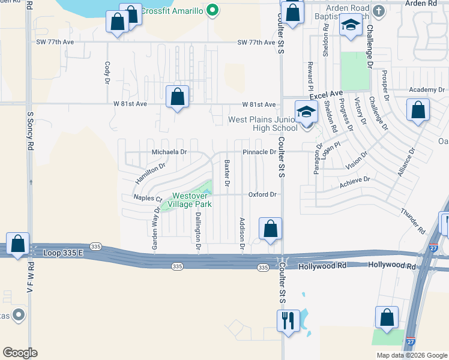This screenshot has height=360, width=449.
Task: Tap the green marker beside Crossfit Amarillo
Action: (211, 10)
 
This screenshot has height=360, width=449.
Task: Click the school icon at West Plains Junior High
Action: (306, 111)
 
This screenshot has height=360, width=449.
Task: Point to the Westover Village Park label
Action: (192, 200)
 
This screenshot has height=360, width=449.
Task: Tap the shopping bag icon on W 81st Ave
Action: (178, 96)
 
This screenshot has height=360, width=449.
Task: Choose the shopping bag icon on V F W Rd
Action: (18, 244)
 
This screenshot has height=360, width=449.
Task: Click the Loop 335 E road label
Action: (64, 254)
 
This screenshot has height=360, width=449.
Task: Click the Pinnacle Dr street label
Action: (259, 152)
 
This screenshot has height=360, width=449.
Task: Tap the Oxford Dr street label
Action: (262, 194)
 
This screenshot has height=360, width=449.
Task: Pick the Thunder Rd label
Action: (413, 221)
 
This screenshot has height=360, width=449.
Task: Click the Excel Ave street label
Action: (326, 95)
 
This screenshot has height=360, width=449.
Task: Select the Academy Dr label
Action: (427, 90)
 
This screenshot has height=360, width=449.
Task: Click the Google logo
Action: (20, 353)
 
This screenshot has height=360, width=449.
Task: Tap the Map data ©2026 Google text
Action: (411, 355)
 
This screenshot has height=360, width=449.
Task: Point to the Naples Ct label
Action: (148, 198)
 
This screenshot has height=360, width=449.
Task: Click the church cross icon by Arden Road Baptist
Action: (378, 11)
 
